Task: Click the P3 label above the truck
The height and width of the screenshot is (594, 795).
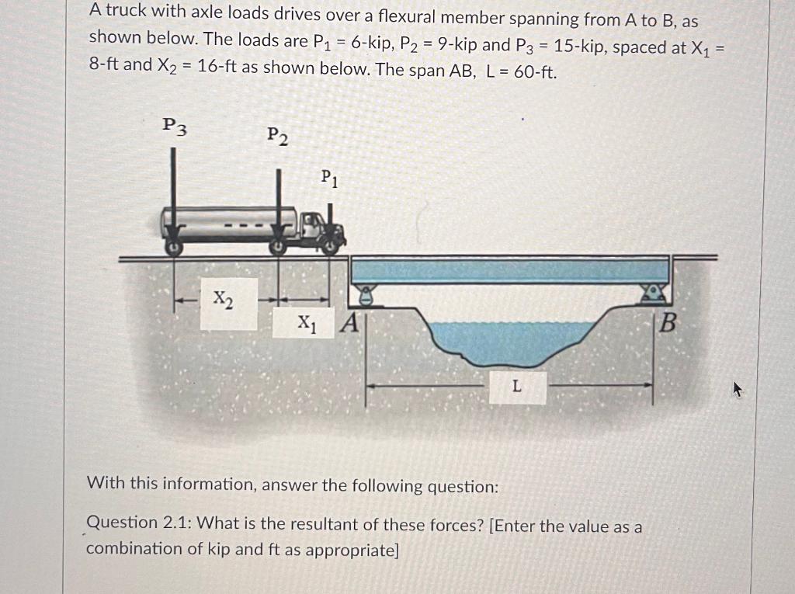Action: (x=175, y=125)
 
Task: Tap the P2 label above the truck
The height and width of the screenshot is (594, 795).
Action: (x=277, y=136)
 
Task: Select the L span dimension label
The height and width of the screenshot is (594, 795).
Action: (x=517, y=386)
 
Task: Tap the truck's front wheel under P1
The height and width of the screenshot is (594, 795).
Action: (x=332, y=248)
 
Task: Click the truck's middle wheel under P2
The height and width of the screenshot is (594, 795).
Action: (x=278, y=248)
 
